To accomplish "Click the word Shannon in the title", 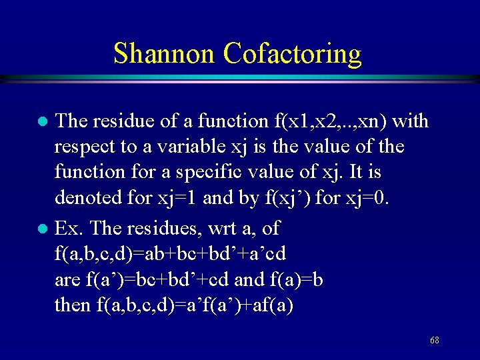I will click(165, 53).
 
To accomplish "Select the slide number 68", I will click(434, 340).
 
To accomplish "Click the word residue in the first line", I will click(122, 121).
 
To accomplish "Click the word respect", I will click(83, 146).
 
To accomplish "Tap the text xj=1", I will click(177, 198).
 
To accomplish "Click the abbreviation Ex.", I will click(69, 229).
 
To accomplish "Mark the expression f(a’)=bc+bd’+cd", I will click(163, 279).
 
